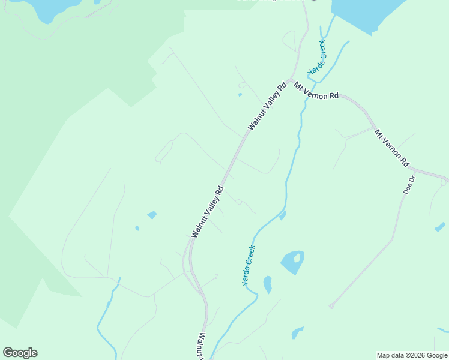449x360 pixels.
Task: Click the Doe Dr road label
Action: coord(409,185)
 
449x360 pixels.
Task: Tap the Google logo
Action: coord(20,353)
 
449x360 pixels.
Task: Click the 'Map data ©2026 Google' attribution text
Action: coord(412,355)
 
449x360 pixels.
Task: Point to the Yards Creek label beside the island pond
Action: coord(249,265)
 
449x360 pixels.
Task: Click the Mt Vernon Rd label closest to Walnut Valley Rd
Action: coord(316,91)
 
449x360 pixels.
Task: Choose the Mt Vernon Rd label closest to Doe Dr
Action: coord(391,148)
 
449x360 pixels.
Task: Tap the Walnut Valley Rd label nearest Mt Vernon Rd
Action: coord(265,106)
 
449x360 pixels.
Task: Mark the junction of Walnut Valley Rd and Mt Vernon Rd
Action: coord(289,80)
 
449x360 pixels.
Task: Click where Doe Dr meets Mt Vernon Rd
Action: coord(414,172)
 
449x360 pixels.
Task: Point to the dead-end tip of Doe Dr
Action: coord(331,306)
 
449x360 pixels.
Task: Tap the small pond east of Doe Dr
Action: coord(439,227)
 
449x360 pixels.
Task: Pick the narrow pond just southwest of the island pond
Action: coord(267,284)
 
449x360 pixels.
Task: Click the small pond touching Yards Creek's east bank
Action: coord(282,214)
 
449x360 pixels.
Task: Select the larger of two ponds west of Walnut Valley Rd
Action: coord(152,215)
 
